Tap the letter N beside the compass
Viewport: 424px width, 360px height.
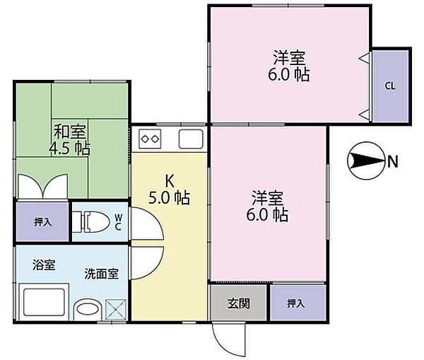click(392, 162)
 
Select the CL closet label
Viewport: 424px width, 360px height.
click(389, 86)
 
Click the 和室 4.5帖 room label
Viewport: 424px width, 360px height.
click(71, 139)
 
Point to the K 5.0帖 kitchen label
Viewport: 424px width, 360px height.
click(168, 189)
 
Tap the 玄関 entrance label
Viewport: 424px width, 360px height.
click(237, 303)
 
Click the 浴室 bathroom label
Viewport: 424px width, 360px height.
click(44, 266)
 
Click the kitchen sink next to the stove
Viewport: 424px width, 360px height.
click(191, 139)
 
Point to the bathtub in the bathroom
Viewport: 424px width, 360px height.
click(44, 303)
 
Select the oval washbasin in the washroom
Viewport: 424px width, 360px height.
click(87, 309)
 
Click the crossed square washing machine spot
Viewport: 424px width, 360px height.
click(115, 309)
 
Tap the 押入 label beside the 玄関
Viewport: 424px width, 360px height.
click(295, 303)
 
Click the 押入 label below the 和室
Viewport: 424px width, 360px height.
click(42, 221)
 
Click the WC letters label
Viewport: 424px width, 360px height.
click(118, 221)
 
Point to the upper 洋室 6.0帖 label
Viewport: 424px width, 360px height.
click(290, 65)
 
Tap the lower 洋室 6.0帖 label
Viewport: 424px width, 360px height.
click(269, 206)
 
